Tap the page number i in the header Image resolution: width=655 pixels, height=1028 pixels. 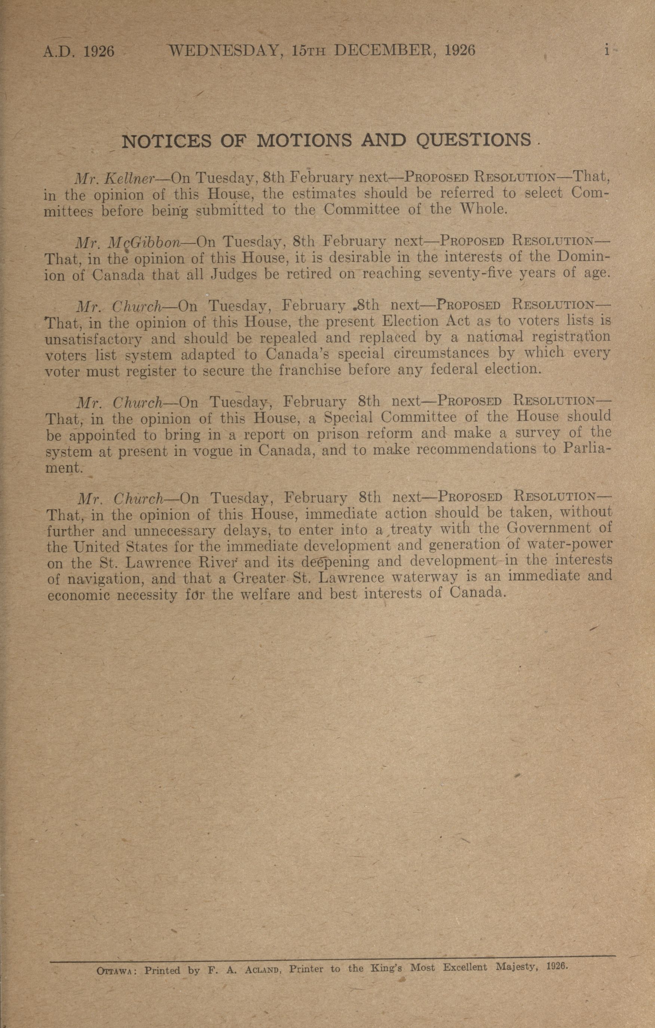pos(606,51)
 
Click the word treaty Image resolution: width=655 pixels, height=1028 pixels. pos(412,530)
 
